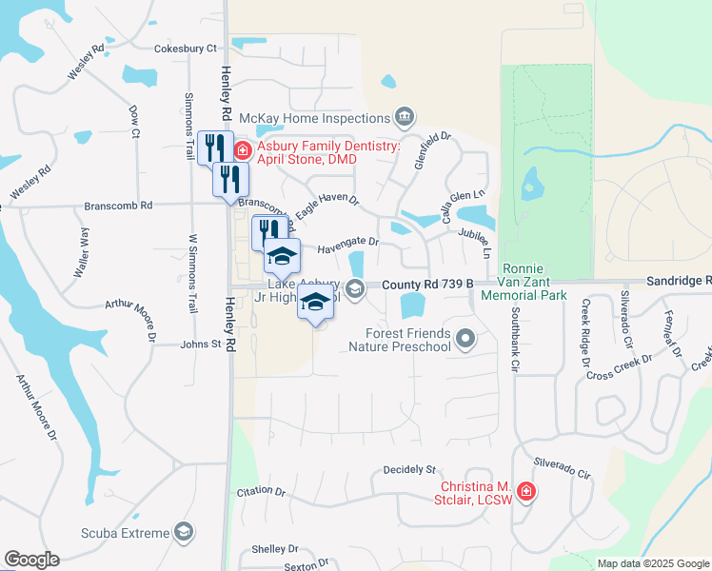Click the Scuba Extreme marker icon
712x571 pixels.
pos(184,533)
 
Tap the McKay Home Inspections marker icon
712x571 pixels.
pos(405,117)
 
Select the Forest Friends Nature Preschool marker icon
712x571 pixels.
pos(465,338)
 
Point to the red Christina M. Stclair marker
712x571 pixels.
pos(525,492)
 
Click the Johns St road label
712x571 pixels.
pos(201,345)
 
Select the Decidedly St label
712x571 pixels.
pos(408,469)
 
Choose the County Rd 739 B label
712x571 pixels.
pos(427,285)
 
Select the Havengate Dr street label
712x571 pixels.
pos(347,244)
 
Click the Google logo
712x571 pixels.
pos(31,560)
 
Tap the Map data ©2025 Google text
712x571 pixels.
pos(652,563)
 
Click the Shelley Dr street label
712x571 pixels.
pos(275,549)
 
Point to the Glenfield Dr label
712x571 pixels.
pos(432,150)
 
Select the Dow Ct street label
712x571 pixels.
pos(134,121)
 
